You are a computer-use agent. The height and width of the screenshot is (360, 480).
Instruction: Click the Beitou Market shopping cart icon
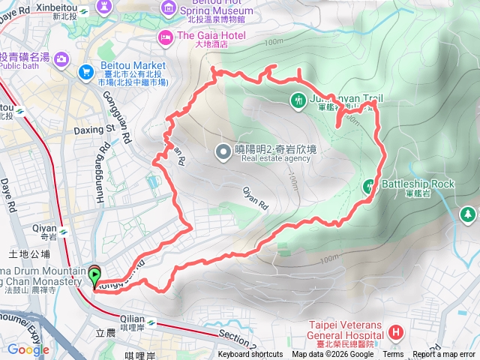coord(85,71)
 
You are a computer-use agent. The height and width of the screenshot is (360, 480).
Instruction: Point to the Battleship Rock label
coord(418,184)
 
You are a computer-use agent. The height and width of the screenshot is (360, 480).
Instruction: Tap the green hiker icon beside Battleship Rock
coord(369,184)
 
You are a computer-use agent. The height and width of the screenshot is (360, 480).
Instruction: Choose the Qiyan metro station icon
coord(63,232)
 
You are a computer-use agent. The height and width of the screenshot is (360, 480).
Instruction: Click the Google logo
coord(28,349)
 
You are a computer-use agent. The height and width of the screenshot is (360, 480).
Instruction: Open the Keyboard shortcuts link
coord(250,355)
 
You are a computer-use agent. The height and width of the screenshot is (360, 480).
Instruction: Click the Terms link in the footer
coord(392,355)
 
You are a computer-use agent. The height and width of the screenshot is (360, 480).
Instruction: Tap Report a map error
coord(444,355)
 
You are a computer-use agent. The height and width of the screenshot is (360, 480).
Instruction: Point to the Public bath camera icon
coord(60,59)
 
